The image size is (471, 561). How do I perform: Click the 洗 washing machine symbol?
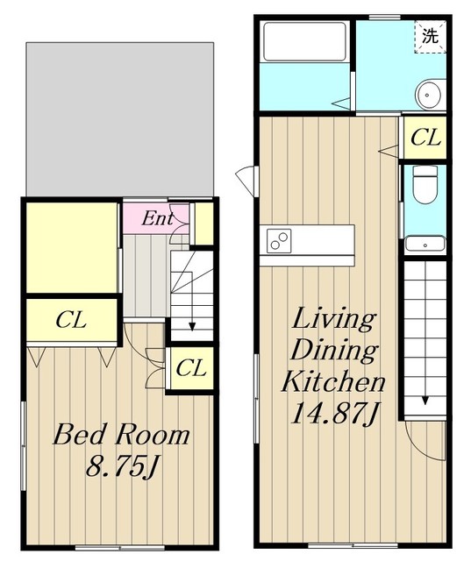(x=430, y=37)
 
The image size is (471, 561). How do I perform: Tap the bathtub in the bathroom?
(x=304, y=41)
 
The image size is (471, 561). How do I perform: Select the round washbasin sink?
(x=428, y=96)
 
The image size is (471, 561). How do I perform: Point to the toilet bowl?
(x=425, y=185)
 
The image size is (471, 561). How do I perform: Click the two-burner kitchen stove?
(x=279, y=241)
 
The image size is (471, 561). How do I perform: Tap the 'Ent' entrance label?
(x=157, y=218)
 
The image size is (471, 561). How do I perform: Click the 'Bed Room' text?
(x=121, y=435)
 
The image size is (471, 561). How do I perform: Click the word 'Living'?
(x=334, y=321)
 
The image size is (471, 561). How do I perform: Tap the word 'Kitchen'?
(x=333, y=382)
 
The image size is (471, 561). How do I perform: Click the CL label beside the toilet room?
(x=425, y=138)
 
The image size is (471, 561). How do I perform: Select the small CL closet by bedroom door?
(x=191, y=368)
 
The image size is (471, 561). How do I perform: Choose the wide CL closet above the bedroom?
(x=71, y=320)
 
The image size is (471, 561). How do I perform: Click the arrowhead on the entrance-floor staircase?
(x=192, y=326)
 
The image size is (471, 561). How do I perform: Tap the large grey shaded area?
(x=120, y=119)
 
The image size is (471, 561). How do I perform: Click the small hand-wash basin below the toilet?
(x=425, y=244)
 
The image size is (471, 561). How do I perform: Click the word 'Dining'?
(x=335, y=351)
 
